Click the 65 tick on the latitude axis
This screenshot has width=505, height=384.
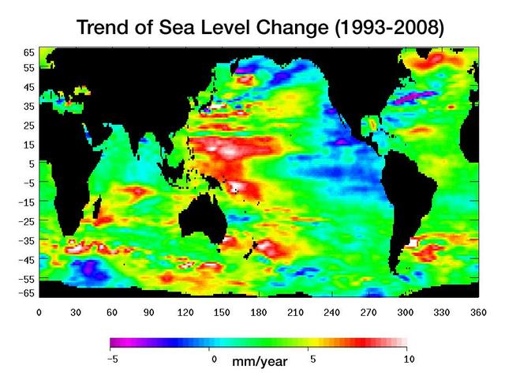[x=28, y=52]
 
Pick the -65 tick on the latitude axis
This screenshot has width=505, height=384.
[x=26, y=293]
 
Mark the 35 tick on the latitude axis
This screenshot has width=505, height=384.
[x=28, y=106]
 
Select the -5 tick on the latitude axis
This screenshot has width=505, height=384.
[x=26, y=182]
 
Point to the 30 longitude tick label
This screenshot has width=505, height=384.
[x=77, y=312]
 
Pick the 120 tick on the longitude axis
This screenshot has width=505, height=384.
[x=186, y=312]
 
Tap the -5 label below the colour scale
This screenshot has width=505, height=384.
[x=113, y=359]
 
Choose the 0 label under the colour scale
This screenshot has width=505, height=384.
[x=213, y=359]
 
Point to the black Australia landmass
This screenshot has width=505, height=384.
[x=203, y=213]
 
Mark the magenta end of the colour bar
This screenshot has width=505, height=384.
[x=115, y=343]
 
